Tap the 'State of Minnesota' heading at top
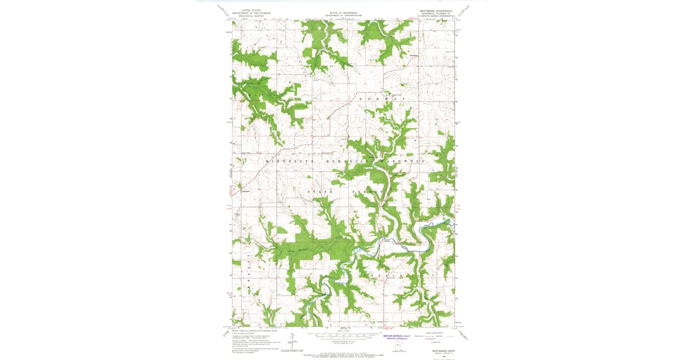(343, 10)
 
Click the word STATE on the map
(320, 191)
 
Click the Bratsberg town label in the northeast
(415, 55)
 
